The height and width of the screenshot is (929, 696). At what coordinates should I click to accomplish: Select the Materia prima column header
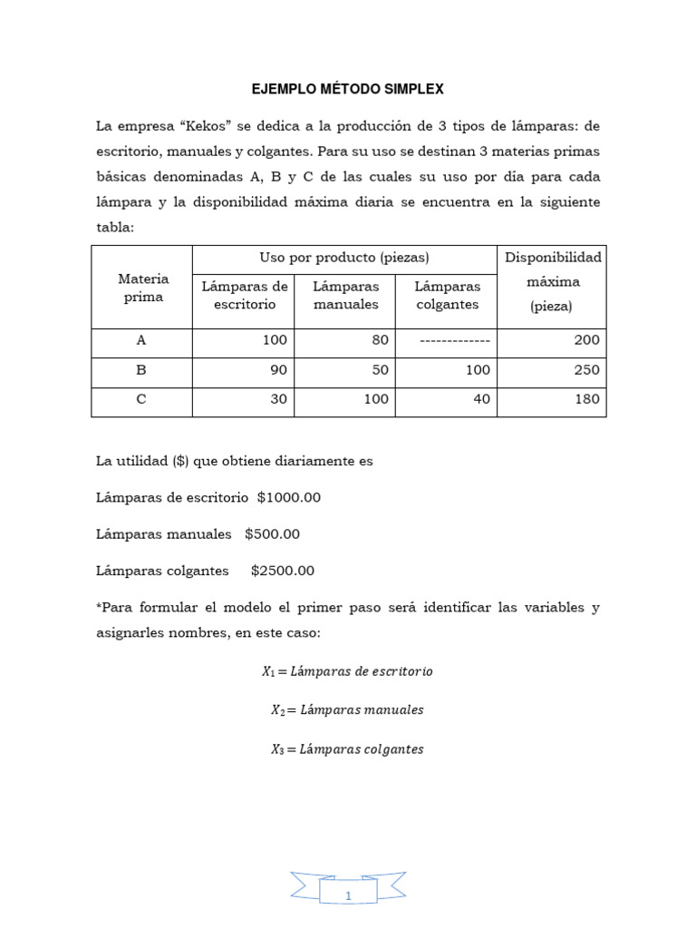pos(141,288)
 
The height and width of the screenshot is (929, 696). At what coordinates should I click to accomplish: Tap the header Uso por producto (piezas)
pos(344,259)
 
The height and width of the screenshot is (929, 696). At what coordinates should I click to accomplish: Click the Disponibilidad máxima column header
pos(552,281)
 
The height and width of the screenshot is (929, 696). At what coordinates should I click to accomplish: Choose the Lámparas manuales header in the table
pos(345,295)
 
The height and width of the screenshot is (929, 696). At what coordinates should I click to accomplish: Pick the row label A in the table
pos(141,340)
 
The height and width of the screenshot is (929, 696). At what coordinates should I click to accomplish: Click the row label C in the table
pos(141,399)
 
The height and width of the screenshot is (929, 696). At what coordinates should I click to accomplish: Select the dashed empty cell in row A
pos(455,340)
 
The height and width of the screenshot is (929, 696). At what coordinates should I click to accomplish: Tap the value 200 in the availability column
pos(585,340)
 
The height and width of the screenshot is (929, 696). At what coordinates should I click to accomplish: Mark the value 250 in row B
pos(585,370)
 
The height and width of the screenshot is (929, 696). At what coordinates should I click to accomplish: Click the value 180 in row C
pos(585,399)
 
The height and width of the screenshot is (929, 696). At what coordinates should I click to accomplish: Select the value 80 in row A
pos(380,340)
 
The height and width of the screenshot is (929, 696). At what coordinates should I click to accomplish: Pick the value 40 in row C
pos(481,399)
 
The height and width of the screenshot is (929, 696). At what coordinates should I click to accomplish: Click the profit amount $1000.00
pos(289,497)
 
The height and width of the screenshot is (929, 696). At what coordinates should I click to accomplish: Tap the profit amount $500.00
pos(272,534)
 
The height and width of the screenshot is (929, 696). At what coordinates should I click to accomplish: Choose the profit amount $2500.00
pos(283,571)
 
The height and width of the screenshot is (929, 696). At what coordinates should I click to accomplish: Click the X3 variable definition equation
pos(347,749)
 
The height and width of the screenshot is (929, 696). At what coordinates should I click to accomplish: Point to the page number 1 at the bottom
pos(348,896)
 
